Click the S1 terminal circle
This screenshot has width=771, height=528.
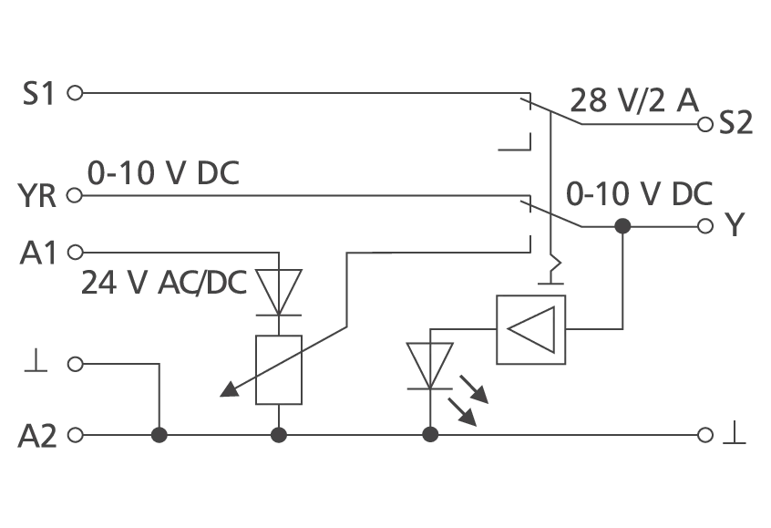(x=75, y=92)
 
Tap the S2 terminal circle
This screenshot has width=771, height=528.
(x=705, y=125)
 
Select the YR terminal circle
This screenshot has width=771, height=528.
(x=74, y=195)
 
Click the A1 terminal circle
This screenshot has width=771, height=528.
(x=75, y=253)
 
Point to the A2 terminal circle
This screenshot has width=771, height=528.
(x=75, y=436)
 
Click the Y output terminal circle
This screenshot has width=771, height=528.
(x=705, y=226)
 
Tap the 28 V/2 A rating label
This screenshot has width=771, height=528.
(x=634, y=100)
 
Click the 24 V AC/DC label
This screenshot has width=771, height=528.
(x=164, y=283)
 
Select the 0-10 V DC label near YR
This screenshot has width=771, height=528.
(x=163, y=172)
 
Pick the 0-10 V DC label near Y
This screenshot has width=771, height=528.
(x=639, y=194)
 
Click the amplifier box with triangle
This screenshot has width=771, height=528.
(x=531, y=330)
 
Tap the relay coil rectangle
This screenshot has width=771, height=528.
(x=279, y=370)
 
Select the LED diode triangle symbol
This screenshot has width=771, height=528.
(x=430, y=366)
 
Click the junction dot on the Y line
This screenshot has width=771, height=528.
(x=623, y=226)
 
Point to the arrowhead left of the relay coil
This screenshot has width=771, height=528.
(x=229, y=389)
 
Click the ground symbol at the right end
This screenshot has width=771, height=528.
(x=735, y=433)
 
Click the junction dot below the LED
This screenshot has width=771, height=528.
(x=430, y=435)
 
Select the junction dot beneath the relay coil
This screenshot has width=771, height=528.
(x=279, y=435)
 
